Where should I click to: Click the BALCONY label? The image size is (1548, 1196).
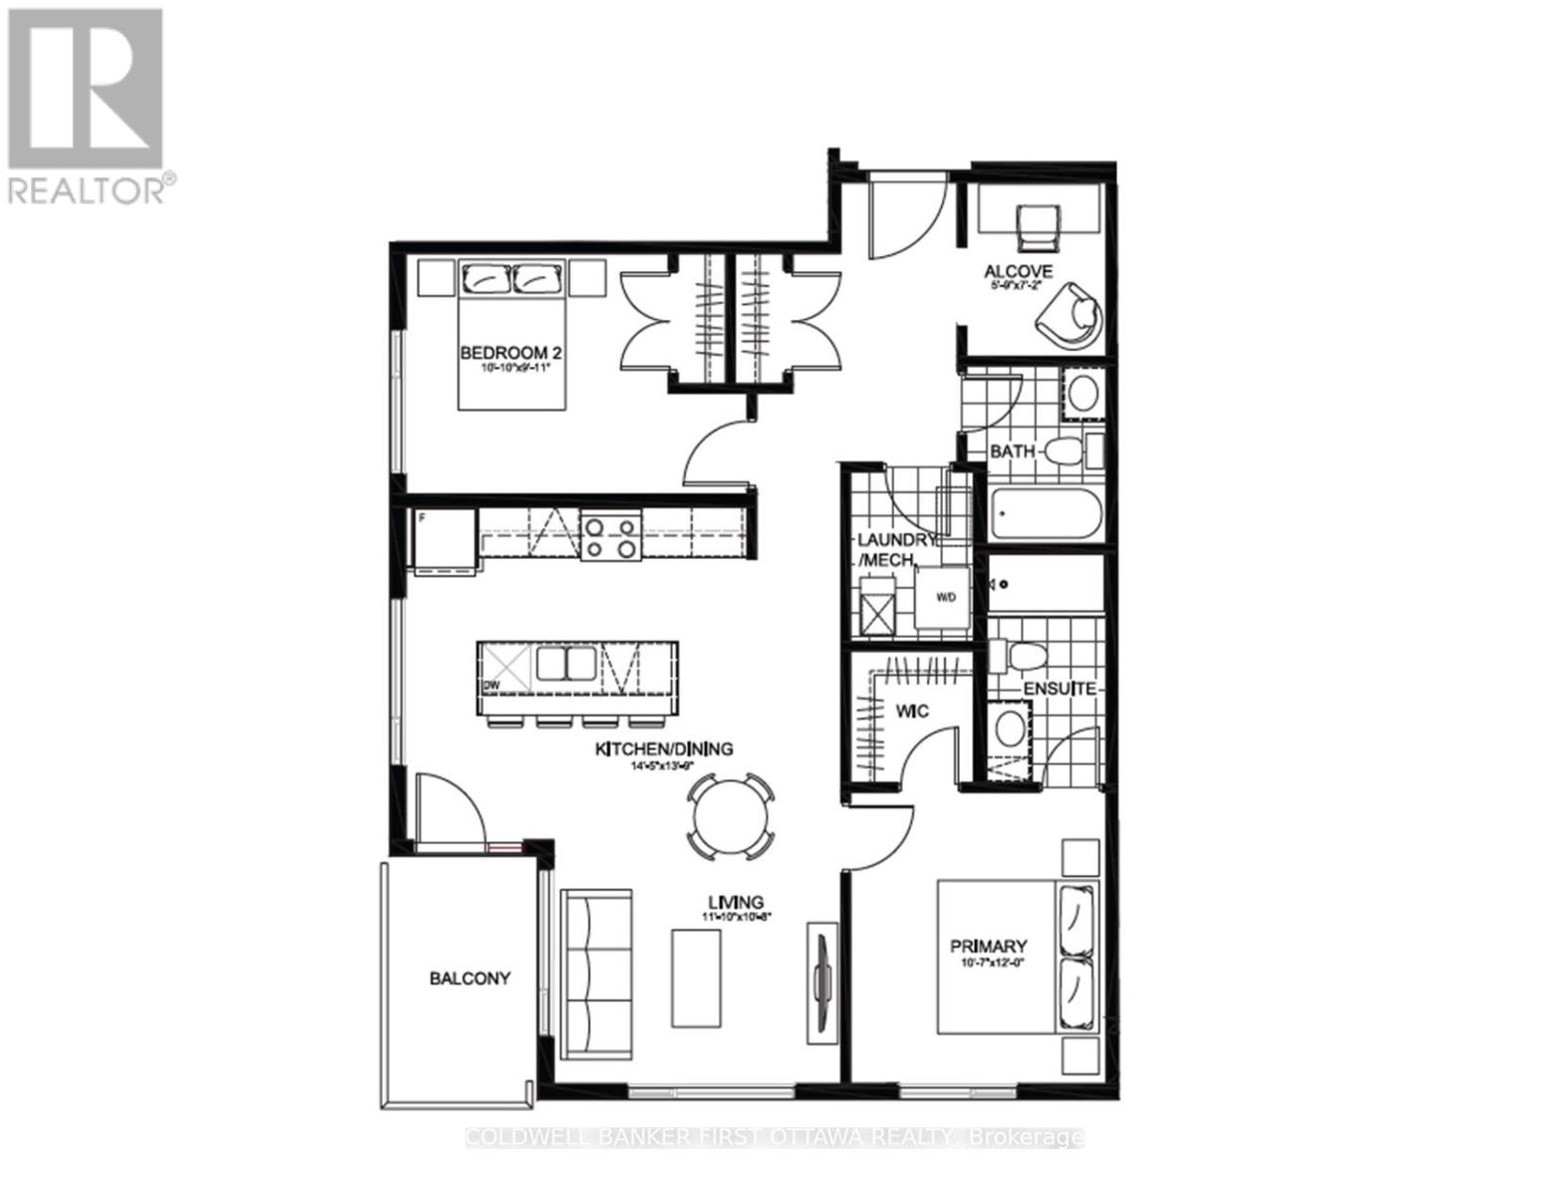(x=469, y=979)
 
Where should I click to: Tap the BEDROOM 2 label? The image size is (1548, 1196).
(x=505, y=353)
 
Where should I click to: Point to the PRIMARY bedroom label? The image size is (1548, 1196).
(x=988, y=946)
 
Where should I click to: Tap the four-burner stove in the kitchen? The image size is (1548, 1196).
(x=609, y=536)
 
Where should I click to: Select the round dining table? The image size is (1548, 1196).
(x=732, y=816)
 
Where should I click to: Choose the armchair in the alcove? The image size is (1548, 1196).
(x=1072, y=314)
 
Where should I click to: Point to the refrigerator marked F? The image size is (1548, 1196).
(x=446, y=539)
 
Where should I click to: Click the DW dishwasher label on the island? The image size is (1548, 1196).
(x=489, y=687)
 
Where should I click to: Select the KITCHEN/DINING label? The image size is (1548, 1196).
(x=664, y=749)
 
